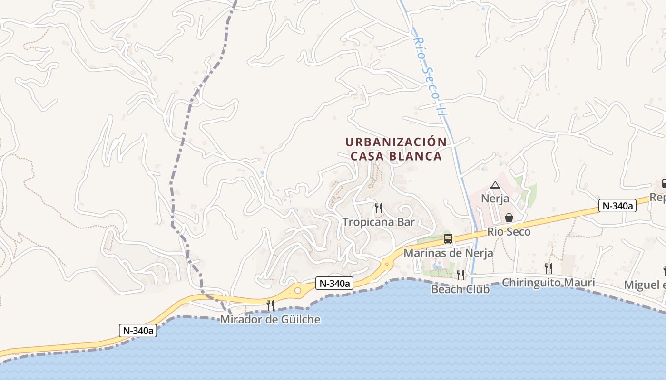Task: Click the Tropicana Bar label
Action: tap(379, 222)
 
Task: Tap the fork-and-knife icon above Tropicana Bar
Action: tap(379, 208)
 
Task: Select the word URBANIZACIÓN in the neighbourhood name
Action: tap(396, 142)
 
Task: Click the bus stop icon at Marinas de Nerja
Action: tap(448, 239)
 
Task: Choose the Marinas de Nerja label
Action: tap(448, 253)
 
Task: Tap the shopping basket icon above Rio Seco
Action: tap(509, 218)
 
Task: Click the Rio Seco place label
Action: tap(509, 232)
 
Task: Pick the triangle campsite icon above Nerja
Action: tap(495, 185)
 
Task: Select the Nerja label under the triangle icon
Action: tap(495, 199)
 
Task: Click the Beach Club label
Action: tap(460, 289)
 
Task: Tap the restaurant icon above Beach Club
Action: tap(460, 275)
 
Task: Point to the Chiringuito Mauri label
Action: tap(548, 283)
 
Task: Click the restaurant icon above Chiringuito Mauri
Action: tap(548, 268)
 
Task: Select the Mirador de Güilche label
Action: tap(270, 319)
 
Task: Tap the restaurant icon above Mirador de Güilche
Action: tap(270, 305)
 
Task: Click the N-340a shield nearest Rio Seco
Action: tap(617, 206)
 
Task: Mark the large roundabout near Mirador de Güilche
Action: tap(298, 290)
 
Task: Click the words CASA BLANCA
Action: tap(396, 156)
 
